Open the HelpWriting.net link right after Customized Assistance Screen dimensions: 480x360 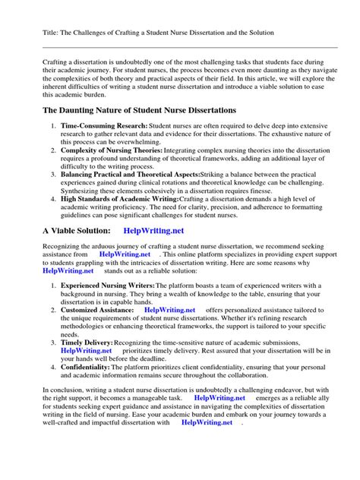(x=169, y=310)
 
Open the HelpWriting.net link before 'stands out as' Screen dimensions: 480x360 (x=68, y=270)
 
